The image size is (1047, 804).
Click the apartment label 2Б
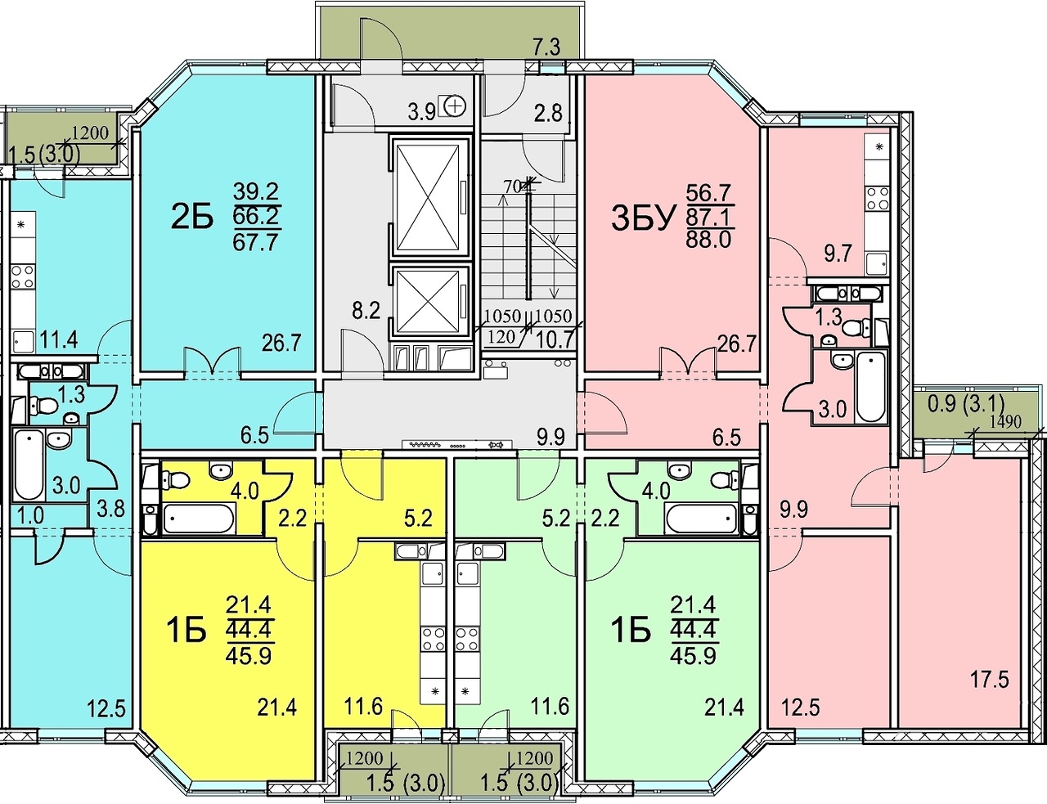click(191, 218)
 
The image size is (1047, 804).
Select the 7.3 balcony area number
click(547, 48)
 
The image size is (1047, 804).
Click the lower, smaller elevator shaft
click(429, 302)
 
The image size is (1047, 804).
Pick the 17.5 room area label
click(990, 680)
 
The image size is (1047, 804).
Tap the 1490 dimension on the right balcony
click(1004, 422)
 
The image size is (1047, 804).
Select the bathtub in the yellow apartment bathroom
click(199, 519)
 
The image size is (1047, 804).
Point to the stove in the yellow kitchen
click(434, 639)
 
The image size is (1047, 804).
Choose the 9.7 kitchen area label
click(838, 253)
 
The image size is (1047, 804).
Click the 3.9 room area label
click(422, 113)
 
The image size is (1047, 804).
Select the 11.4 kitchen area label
click(59, 339)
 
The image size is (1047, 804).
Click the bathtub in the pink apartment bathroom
click(871, 387)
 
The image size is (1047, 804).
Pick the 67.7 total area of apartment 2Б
click(255, 242)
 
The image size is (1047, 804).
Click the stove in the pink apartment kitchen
click(878, 198)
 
